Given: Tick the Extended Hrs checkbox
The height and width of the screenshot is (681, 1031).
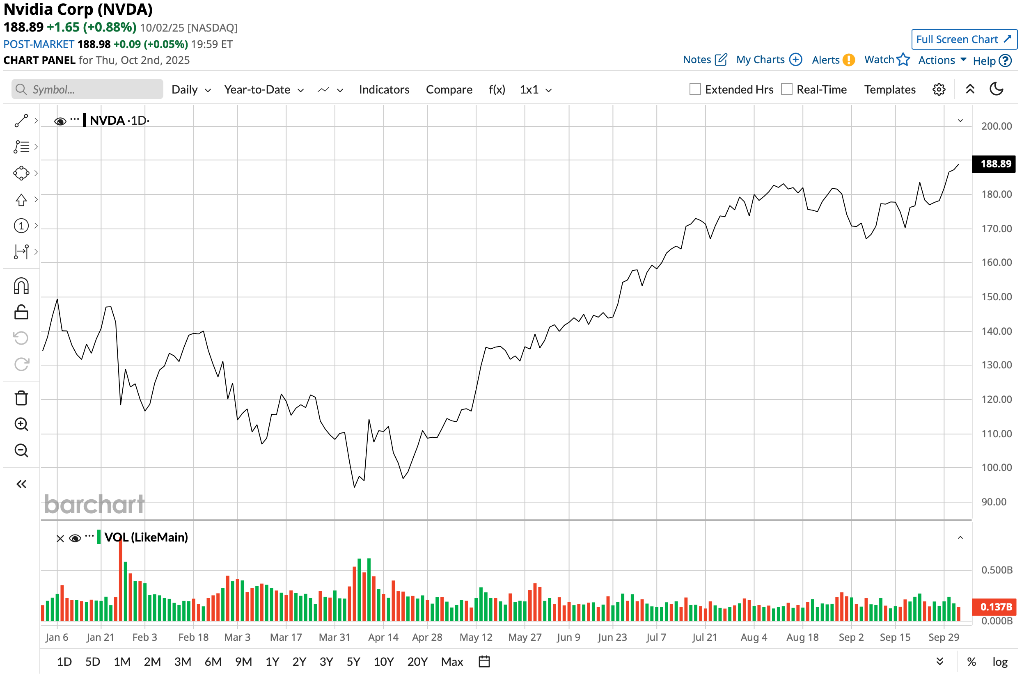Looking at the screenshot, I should coord(695,89).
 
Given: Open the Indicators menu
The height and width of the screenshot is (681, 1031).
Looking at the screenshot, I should coord(384,90).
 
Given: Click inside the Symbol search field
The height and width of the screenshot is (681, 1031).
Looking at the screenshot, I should coord(91,89).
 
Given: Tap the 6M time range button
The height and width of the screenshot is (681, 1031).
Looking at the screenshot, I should coord(213,661).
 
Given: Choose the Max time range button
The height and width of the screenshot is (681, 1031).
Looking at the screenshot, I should coord(451,661).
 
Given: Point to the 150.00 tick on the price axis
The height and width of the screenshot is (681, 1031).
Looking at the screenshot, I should coord(996,297).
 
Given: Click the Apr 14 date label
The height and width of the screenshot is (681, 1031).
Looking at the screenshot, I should coord(383,637).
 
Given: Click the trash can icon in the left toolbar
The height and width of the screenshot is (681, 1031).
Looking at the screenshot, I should coord(21,398).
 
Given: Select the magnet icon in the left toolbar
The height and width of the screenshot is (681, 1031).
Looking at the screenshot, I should coord(21,286).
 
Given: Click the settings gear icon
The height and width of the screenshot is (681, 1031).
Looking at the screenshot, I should coord(939,89).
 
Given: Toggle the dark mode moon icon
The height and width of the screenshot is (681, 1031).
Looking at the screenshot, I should coord(996,89).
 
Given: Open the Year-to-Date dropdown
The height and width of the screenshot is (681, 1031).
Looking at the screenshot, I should coord(263,90).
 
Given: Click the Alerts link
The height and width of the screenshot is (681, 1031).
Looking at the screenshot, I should coord(832,60).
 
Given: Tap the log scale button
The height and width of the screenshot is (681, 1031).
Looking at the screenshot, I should coord(999,662).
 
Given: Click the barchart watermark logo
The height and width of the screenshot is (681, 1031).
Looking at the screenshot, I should coord(94,504).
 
